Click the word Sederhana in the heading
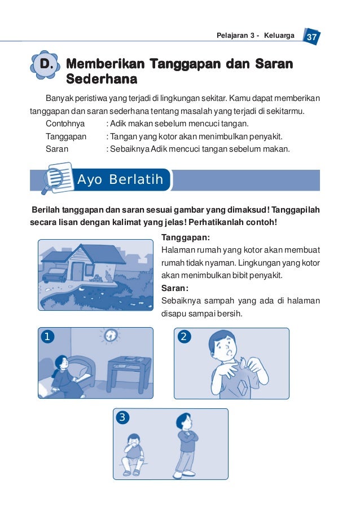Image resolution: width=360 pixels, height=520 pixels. pyautogui.click(x=102, y=78)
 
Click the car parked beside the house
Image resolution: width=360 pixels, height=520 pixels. pyautogui.click(x=55, y=274)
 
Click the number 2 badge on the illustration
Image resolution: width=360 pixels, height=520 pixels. pyautogui.click(x=184, y=337)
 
